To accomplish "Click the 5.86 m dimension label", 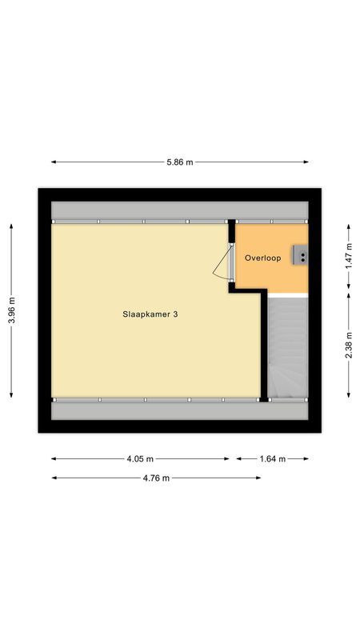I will pyautogui.click(x=180, y=162).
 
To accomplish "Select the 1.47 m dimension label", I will pyautogui.click(x=348, y=256).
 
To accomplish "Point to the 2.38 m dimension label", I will pyautogui.click(x=348, y=345).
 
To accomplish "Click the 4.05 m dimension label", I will pyautogui.click(x=140, y=458).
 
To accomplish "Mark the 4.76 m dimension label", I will pyautogui.click(x=156, y=478).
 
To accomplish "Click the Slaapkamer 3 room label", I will pyautogui.click(x=150, y=314).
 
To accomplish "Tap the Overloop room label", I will pyautogui.click(x=262, y=258).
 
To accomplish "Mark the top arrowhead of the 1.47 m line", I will pyautogui.click(x=348, y=224).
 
